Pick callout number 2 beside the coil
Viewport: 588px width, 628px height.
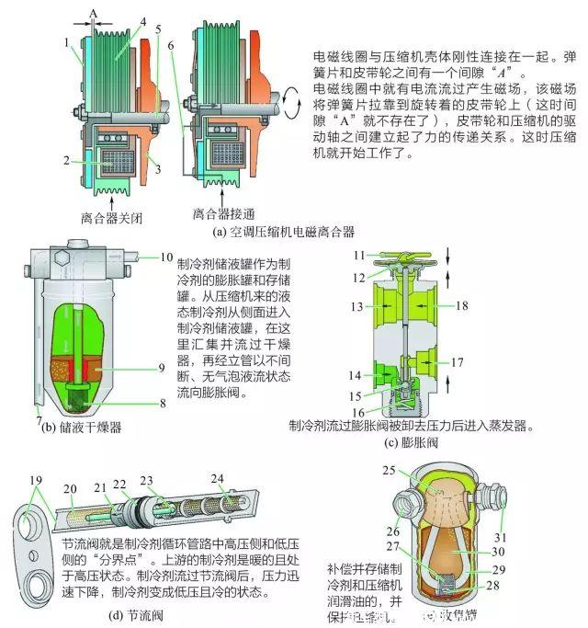pyautogui.click(x=67, y=159)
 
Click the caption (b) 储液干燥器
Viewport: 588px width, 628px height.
pyautogui.click(x=82, y=426)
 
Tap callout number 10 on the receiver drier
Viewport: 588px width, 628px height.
pyautogui.click(x=165, y=257)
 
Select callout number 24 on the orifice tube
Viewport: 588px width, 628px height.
pyautogui.click(x=216, y=478)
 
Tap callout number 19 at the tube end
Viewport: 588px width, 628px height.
pyautogui.click(x=37, y=479)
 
